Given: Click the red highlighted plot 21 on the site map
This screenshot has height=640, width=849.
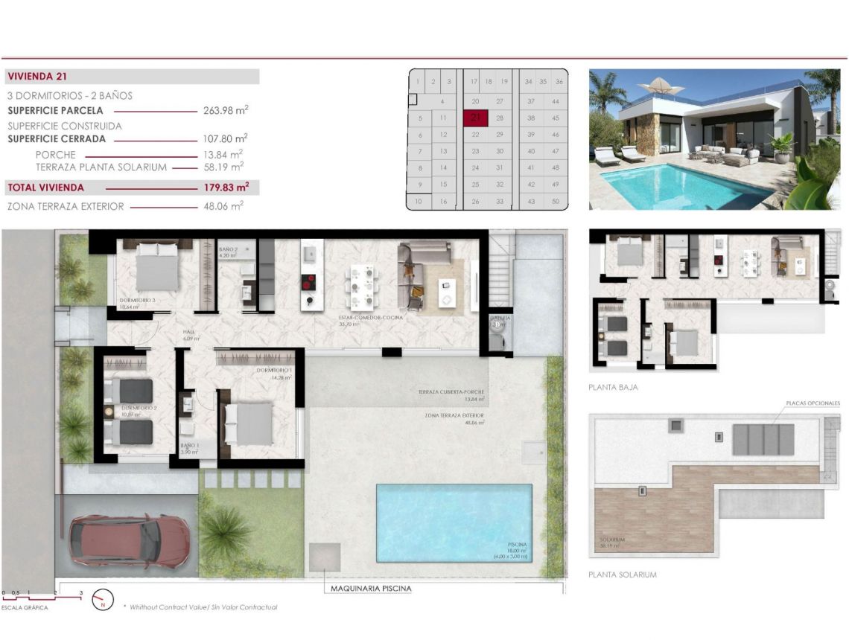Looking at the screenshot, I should [x=475, y=118].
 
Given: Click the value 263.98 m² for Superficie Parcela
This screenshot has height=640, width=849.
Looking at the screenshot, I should [x=225, y=110].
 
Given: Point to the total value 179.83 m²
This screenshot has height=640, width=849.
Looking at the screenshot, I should [x=225, y=188].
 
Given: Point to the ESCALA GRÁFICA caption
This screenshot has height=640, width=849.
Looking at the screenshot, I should [x=25, y=608].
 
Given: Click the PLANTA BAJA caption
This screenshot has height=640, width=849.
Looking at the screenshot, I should [x=613, y=387].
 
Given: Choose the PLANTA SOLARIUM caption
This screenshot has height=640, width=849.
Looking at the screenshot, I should [x=622, y=575].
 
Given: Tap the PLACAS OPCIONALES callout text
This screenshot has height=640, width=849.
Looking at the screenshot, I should [x=813, y=403].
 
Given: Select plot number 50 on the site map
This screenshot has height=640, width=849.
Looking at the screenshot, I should [x=556, y=202].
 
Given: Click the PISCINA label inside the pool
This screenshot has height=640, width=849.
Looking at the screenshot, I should [x=515, y=544].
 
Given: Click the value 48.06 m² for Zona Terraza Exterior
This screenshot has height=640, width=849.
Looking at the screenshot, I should [x=225, y=206].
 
